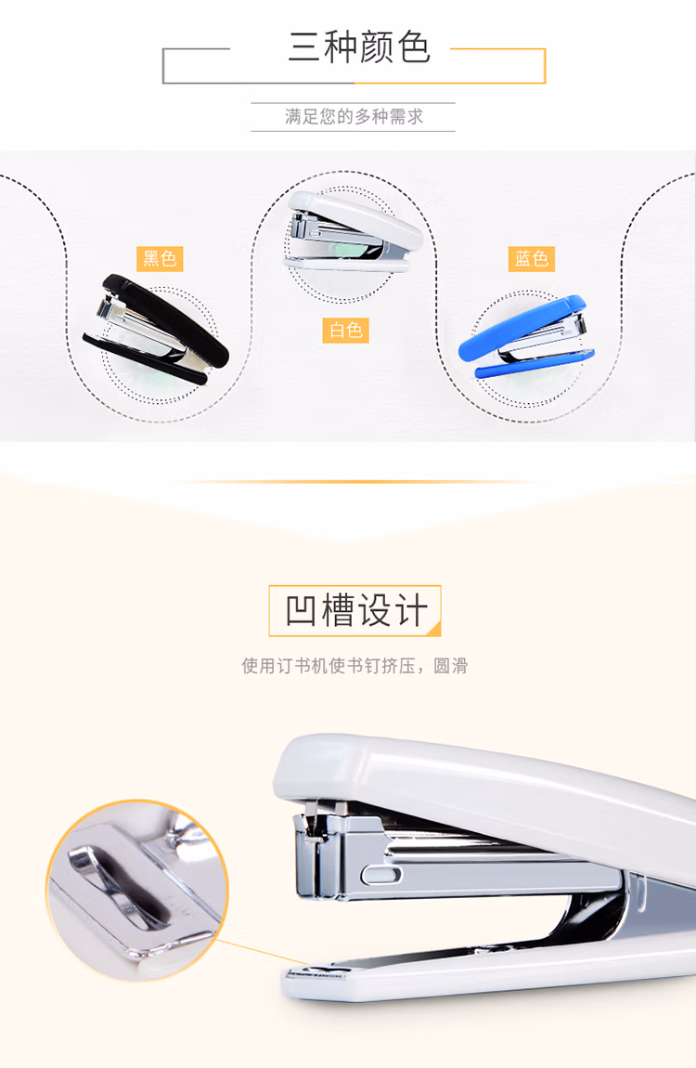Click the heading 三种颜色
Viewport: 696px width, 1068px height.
(x=359, y=47)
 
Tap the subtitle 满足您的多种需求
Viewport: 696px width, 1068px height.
(x=354, y=116)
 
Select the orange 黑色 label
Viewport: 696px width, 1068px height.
(x=160, y=259)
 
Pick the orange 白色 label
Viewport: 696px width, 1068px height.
(x=345, y=331)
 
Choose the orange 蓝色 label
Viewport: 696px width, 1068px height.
(x=532, y=259)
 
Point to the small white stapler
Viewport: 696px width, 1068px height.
(x=354, y=231)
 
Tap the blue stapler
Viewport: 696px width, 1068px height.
(x=526, y=336)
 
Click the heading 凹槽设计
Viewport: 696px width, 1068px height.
(x=355, y=610)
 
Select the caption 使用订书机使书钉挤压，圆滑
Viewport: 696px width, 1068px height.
(x=354, y=666)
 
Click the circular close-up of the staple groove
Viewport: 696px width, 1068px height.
(x=137, y=891)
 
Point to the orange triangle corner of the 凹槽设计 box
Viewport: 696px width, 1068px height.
(x=434, y=630)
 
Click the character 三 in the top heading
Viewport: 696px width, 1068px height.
(x=304, y=47)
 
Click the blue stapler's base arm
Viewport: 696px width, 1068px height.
(x=535, y=362)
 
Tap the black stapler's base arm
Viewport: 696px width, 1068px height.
(x=143, y=359)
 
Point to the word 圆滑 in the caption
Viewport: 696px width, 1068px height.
(x=451, y=666)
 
